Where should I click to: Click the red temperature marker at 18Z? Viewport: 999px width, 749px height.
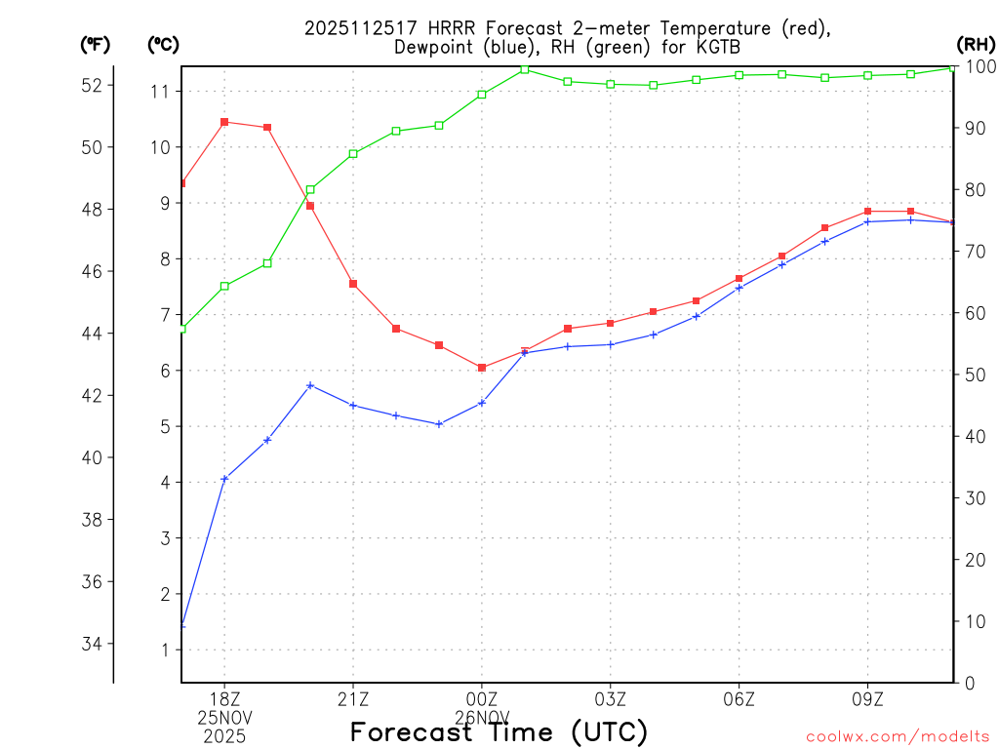click(x=224, y=122)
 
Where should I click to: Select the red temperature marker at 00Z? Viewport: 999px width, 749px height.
click(x=482, y=368)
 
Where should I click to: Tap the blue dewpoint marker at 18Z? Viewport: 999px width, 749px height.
click(x=224, y=479)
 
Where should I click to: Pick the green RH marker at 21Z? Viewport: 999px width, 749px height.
click(x=353, y=154)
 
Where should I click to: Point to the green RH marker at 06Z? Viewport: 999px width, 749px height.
click(x=739, y=75)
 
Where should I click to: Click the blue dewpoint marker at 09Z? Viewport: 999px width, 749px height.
click(x=868, y=221)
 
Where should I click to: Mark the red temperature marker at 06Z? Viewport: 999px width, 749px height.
click(x=739, y=279)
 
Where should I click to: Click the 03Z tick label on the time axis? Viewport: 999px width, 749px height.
click(x=611, y=698)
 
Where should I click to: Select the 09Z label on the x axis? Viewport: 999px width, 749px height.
click(x=868, y=698)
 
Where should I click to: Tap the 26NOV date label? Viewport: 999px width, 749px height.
click(x=482, y=717)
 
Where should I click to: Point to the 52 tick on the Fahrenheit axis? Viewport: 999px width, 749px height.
click(x=92, y=85)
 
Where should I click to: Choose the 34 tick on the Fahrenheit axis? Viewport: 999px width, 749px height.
click(x=92, y=644)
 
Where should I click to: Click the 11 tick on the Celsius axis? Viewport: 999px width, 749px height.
click(x=159, y=92)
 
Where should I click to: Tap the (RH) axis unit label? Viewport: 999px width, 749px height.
click(x=976, y=44)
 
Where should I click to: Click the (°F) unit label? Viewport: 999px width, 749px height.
click(x=95, y=44)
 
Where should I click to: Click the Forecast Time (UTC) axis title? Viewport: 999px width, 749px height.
click(x=499, y=731)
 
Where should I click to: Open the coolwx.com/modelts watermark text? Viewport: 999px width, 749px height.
click(x=898, y=736)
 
